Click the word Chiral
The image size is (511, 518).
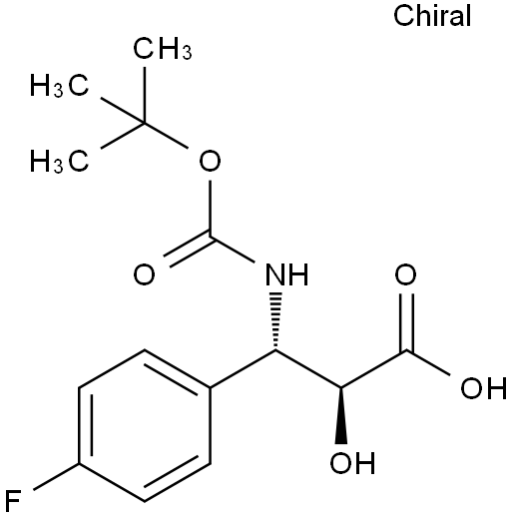(432, 16)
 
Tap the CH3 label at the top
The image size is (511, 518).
(163, 49)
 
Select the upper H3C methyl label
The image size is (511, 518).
(60, 86)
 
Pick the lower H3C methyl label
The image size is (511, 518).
(60, 161)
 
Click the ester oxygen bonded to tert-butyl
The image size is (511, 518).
(210, 161)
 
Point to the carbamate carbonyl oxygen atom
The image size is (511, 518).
(144, 274)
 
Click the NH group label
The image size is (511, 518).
(286, 274)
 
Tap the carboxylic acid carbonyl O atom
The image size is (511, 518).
(405, 274)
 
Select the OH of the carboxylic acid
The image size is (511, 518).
(484, 388)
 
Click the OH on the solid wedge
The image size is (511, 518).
(352, 462)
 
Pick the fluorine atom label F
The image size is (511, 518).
(13, 501)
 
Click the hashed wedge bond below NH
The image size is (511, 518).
(275, 321)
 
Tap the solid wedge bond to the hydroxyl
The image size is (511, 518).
(341, 416)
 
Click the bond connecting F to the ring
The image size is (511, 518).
(56, 476)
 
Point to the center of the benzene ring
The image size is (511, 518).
(145, 426)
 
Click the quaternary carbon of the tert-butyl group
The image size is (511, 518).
(145, 123)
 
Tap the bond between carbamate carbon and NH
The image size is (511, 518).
(233, 250)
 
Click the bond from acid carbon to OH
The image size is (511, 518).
(428, 363)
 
